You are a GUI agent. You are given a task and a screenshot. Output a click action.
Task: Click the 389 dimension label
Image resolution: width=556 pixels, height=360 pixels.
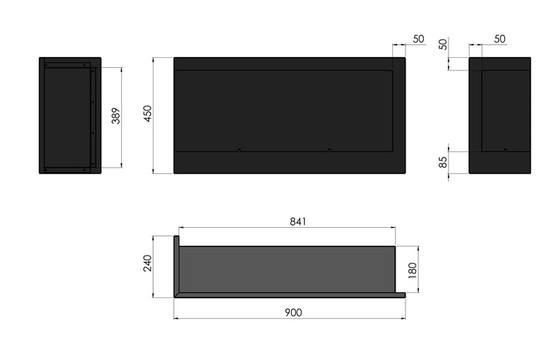tap(116, 116)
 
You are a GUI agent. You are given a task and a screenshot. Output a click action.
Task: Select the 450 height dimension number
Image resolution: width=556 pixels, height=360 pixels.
tap(147, 114)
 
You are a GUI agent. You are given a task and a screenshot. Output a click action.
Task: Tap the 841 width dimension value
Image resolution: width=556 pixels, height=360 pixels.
tap(298, 222)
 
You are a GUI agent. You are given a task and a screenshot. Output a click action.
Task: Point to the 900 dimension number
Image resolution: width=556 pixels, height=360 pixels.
tap(293, 312)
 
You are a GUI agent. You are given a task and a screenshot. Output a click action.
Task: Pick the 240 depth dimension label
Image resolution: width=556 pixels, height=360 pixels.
tap(147, 263)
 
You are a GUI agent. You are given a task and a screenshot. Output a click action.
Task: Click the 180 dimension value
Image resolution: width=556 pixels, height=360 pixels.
tap(412, 270)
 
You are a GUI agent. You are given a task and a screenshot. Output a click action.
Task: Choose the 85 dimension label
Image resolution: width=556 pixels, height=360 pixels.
tap(443, 162)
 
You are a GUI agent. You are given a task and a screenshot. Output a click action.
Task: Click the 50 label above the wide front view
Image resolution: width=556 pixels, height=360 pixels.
tap(419, 39)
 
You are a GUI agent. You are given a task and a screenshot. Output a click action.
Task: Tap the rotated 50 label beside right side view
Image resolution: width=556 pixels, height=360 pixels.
tap(443, 44)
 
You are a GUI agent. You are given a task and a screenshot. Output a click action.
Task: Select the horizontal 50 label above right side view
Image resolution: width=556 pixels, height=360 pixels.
tap(500, 39)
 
